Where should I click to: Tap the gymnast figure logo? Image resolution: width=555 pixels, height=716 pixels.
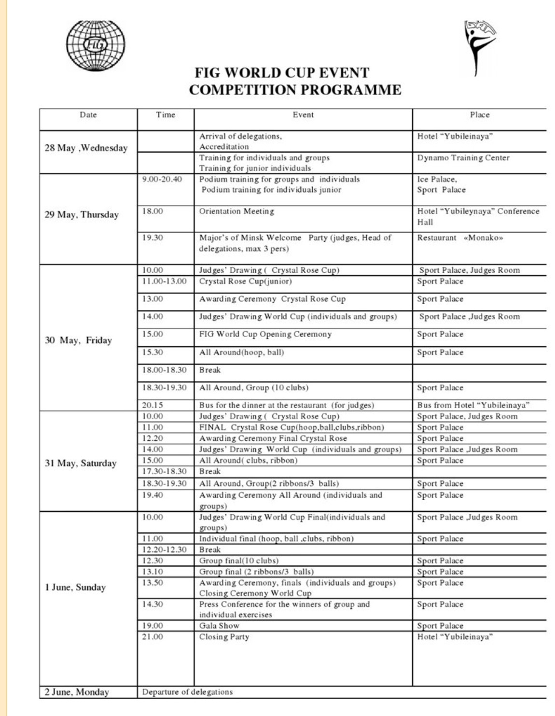point(479,47)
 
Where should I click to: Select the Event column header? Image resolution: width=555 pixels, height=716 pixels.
point(303,115)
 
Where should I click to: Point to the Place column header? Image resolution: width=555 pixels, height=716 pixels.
point(480,115)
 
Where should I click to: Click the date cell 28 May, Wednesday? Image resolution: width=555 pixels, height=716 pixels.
point(86,148)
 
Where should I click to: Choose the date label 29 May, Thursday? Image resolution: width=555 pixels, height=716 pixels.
point(82,215)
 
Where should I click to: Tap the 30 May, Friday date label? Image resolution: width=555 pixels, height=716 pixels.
point(78,340)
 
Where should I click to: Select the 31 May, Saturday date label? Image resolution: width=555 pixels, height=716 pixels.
point(81,463)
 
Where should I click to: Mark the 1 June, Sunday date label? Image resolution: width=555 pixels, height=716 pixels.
point(75,588)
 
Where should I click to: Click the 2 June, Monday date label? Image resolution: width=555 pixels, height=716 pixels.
point(77,692)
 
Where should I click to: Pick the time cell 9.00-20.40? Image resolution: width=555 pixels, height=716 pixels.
point(162,180)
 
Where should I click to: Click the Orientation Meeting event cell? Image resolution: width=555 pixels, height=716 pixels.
point(237,211)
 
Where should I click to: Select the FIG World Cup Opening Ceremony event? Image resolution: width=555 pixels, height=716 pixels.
point(265,335)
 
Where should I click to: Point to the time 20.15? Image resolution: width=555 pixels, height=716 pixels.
point(153,406)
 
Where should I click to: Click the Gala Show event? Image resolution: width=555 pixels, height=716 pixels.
point(219,626)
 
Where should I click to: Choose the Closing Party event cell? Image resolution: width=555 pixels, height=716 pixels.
point(224,637)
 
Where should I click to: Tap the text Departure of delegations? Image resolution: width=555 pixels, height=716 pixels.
point(187,692)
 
